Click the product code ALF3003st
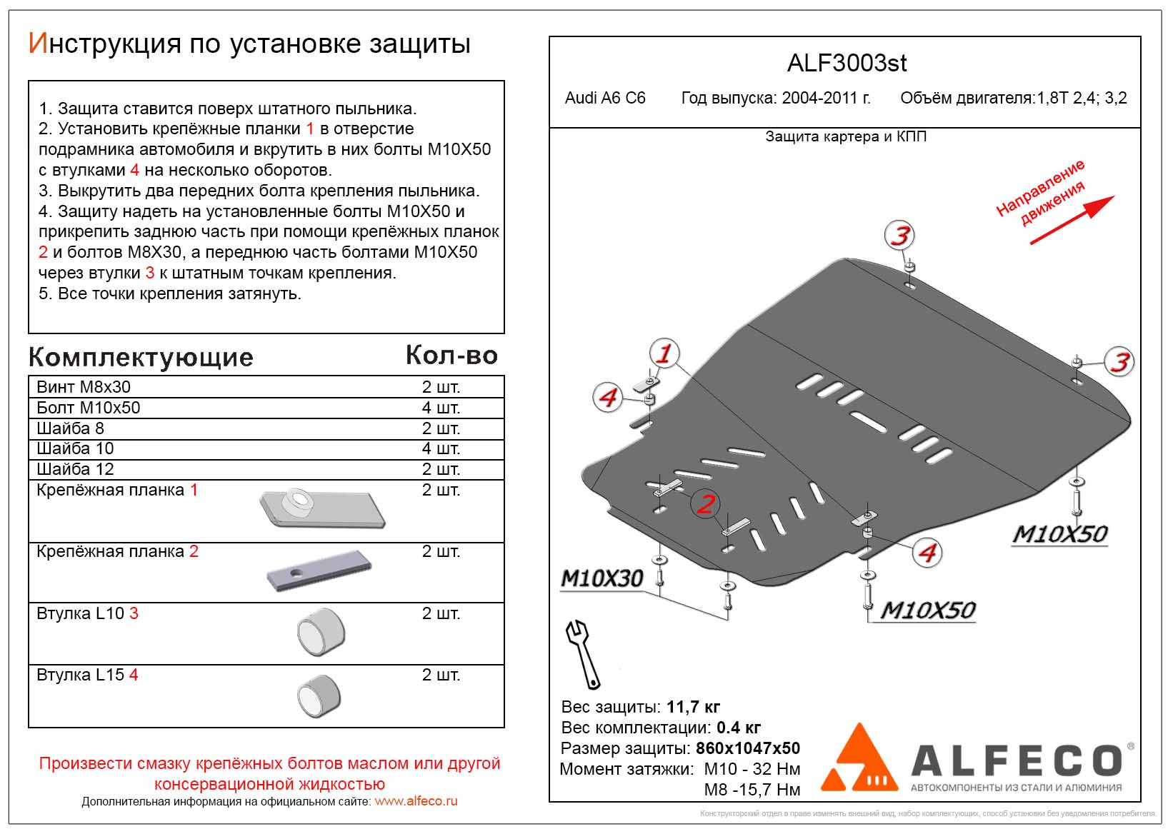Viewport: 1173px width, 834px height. tap(847, 64)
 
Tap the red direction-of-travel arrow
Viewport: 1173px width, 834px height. tap(1072, 220)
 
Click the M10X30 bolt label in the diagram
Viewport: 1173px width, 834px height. tap(602, 578)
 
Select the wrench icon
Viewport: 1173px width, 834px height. tap(582, 653)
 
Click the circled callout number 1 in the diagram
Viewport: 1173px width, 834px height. tap(664, 353)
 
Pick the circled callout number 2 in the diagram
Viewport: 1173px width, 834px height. tap(706, 503)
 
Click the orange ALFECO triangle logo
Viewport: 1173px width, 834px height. tap(860, 758)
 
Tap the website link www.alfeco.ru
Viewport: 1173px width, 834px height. tap(416, 801)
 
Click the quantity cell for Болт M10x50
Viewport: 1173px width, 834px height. tap(441, 408)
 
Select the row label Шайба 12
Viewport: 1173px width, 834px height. tap(75, 469)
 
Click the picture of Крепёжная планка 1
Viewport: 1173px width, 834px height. tap(321, 509)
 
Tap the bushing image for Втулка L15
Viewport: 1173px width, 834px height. tap(319, 695)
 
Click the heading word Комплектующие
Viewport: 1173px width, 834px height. tap(141, 357)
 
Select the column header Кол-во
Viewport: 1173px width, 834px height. tap(451, 355)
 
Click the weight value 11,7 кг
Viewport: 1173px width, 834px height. tap(693, 707)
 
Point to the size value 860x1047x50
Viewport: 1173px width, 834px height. tap(748, 748)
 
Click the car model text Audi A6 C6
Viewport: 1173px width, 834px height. tap(605, 99)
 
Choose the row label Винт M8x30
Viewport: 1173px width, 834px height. tap(84, 387)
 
